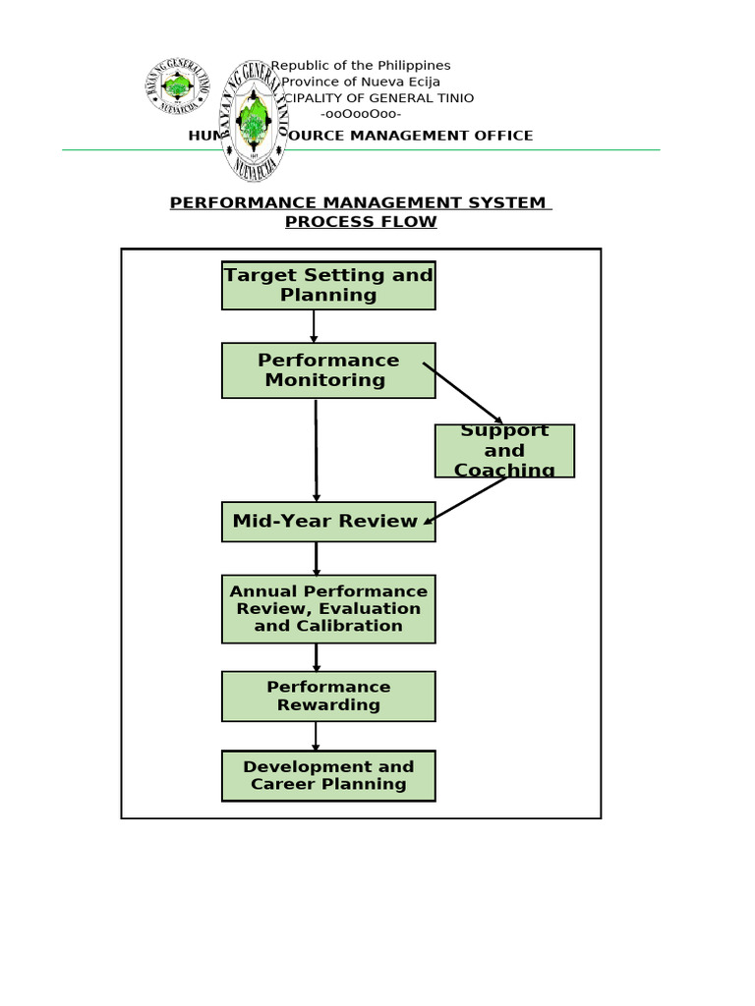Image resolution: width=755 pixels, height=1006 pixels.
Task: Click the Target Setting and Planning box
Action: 328,286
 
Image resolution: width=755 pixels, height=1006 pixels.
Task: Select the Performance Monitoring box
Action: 328,370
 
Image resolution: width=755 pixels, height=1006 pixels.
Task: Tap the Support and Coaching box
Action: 504,451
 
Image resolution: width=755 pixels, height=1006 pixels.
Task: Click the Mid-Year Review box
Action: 328,522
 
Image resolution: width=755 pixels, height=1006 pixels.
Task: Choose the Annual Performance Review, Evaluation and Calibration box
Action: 328,609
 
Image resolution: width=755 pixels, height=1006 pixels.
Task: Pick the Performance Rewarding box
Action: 328,697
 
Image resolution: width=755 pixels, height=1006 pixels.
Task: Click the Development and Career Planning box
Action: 328,776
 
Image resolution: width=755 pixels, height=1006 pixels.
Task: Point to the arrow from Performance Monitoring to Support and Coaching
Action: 463,394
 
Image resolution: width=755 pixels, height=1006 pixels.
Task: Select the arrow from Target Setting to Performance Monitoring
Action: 314,326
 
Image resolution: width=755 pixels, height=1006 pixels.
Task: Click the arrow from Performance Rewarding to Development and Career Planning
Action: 316,737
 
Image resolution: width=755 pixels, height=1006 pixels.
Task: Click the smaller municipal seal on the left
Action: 178,87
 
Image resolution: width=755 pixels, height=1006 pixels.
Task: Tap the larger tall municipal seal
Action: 253,121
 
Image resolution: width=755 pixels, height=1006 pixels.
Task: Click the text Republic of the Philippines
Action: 361,66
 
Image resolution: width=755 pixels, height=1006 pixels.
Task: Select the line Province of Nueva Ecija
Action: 361,82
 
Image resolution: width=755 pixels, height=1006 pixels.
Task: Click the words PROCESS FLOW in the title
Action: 361,222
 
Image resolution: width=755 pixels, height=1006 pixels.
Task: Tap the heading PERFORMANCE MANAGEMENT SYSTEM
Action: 359,203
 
